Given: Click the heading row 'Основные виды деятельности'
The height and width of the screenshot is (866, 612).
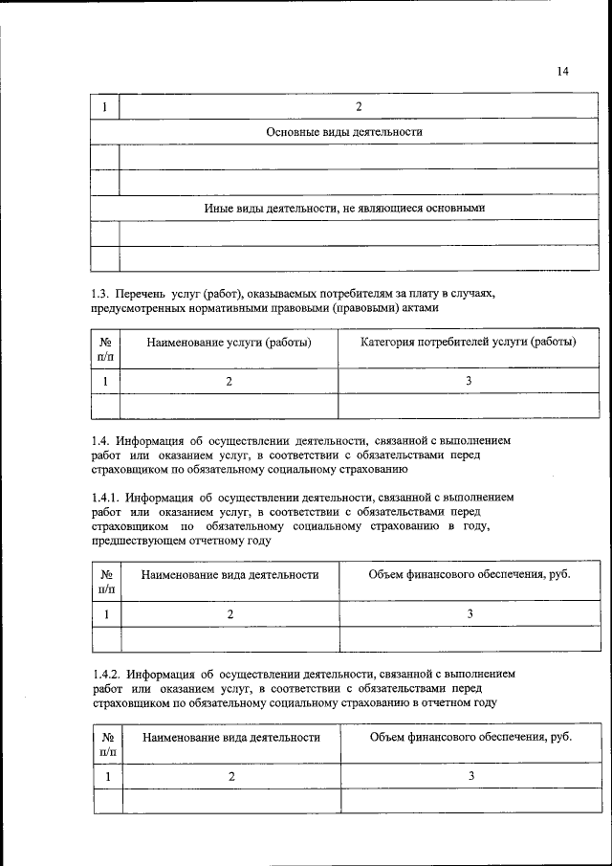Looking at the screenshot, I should pos(344,131).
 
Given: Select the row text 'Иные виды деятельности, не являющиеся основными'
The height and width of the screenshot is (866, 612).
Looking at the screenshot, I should pos(345,208).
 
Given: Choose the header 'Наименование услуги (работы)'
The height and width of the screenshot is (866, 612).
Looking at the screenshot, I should pos(229,343).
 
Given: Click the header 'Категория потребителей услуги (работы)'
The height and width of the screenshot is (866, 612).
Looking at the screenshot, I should pos(468,343).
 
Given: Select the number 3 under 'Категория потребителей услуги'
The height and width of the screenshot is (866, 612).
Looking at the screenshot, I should pos(469,382).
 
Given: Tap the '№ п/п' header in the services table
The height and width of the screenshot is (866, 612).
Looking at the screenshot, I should pos(105,349).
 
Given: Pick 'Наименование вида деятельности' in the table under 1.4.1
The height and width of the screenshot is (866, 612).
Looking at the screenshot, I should pos(229,575).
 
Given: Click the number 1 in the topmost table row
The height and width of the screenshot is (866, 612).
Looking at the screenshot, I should pos(104,106).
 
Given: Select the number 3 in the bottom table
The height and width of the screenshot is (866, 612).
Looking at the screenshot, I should pos(471,776).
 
